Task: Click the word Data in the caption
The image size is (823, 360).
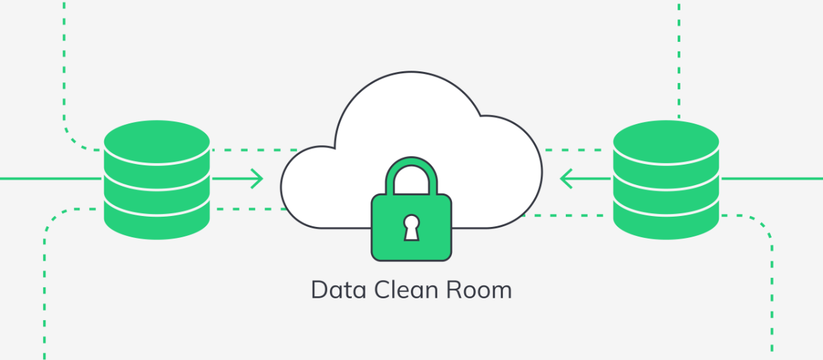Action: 338,290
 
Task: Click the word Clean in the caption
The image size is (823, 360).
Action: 406,290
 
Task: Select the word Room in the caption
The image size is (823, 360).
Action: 479,290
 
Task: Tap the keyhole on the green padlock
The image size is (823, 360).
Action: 411,228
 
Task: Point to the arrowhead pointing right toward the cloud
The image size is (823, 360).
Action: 257,179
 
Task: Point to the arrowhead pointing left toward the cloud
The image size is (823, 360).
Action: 566,179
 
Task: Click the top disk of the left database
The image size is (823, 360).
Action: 157,141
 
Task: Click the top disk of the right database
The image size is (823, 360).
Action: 666,141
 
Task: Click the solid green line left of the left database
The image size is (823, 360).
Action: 50,179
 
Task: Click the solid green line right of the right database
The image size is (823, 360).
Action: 772,179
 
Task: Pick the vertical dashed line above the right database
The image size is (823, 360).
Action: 678,60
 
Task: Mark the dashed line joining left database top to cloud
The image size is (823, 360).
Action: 254,150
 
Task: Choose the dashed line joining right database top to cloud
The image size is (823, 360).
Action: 573,150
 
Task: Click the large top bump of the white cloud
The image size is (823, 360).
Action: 409,110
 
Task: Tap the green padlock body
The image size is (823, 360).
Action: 411,228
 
